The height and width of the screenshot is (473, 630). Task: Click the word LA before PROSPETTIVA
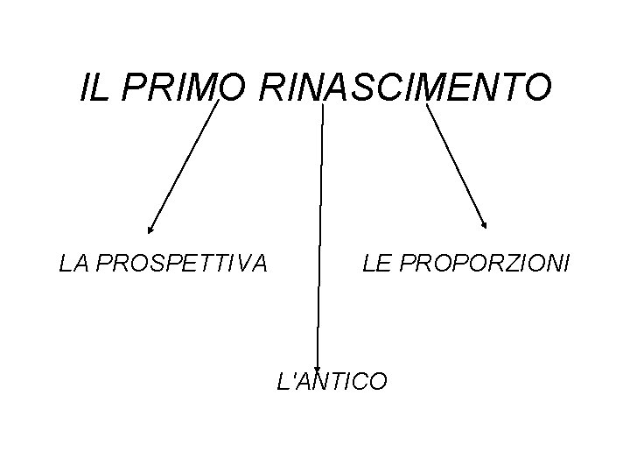[72, 262]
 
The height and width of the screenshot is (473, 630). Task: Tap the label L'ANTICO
[331, 382]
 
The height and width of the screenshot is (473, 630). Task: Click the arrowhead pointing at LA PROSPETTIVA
[150, 229]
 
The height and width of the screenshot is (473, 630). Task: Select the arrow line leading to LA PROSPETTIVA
[183, 166]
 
